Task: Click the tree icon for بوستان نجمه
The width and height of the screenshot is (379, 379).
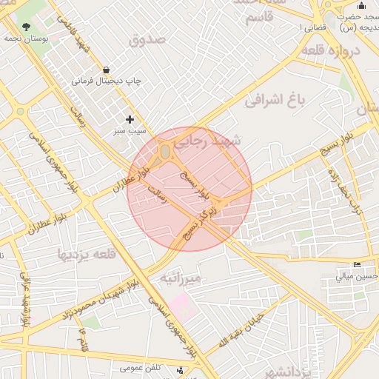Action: pyautogui.click(x=27, y=27)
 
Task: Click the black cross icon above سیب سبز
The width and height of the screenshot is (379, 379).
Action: pyautogui.click(x=130, y=118)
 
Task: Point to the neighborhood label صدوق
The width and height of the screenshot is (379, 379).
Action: pyautogui.click(x=148, y=39)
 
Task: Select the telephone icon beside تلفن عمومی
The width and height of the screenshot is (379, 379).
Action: pyautogui.click(x=181, y=368)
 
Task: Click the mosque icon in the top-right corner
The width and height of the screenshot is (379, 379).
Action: pyautogui.click(x=361, y=6)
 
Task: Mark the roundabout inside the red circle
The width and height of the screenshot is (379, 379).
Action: pyautogui.click(x=164, y=153)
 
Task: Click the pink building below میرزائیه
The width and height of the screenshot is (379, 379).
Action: pyautogui.click(x=181, y=306)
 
